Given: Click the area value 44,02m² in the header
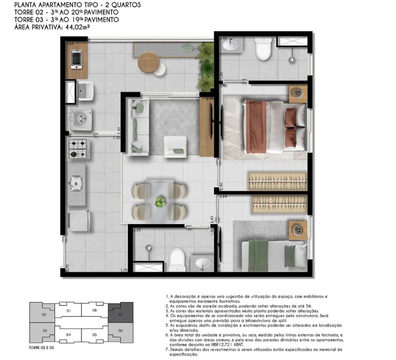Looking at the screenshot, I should click(74, 28).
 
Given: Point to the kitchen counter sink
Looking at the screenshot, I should click(76, 184).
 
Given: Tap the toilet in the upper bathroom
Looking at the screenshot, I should click(262, 49).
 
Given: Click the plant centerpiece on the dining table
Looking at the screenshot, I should click(160, 202).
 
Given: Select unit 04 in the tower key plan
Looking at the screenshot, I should click(68, 334).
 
